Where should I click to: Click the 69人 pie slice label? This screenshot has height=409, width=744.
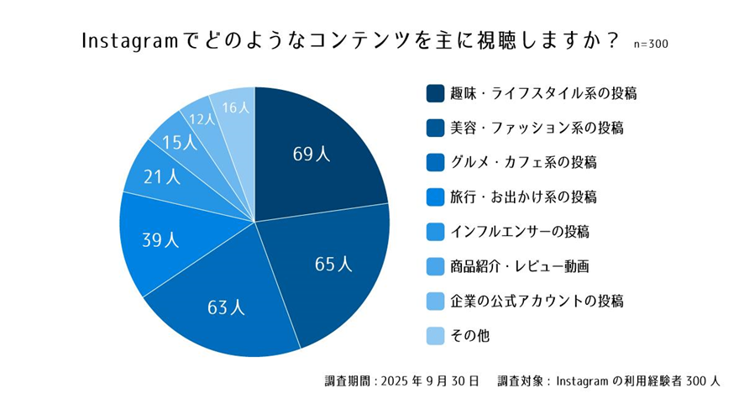[x=312, y=154]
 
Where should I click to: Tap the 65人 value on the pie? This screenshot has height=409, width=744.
[x=333, y=265]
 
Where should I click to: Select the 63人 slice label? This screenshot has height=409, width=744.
[x=226, y=307]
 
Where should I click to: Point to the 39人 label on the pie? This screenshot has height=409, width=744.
[x=160, y=239]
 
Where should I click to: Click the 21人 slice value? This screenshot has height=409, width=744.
[x=162, y=176]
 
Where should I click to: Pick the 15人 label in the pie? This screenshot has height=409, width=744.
[x=180, y=142]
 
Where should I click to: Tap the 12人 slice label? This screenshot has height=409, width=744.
[x=202, y=119]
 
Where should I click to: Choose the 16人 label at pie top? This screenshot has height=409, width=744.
[x=236, y=107]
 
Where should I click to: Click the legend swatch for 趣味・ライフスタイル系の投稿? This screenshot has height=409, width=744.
[x=435, y=93]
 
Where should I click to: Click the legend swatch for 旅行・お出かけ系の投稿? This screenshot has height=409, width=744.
[x=435, y=197]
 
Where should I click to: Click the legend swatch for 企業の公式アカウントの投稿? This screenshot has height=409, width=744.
[x=435, y=301]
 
